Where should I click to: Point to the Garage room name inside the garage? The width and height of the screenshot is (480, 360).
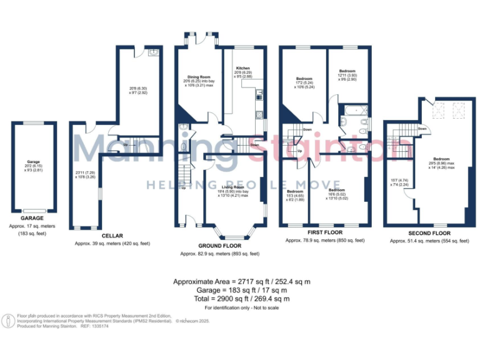pos(33,161)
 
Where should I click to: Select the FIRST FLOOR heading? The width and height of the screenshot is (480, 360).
pos(325,231)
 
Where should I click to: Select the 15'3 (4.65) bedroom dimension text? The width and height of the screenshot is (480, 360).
pos(295,195)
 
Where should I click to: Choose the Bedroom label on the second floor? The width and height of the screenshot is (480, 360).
pos(441,159)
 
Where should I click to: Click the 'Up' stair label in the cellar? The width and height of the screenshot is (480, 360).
pos(126,144)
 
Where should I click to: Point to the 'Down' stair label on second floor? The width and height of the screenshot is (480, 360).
pos(422,129)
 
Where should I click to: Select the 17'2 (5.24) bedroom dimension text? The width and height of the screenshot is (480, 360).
pos(304,83)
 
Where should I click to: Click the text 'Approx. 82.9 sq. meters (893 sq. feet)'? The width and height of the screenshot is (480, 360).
pos(219,254)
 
